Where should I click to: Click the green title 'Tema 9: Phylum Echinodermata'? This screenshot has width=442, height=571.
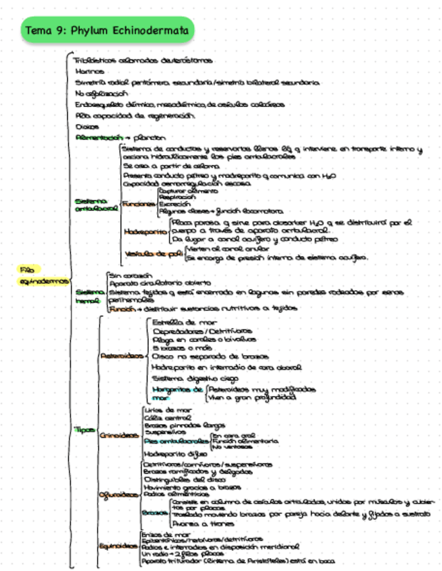tap(107, 30)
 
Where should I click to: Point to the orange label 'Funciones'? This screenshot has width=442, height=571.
tap(139, 203)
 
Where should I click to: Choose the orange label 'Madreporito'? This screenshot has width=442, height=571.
tap(145, 231)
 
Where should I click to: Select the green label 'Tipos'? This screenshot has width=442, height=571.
tap(85, 430)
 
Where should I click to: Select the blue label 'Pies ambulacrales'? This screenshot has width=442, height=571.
tap(176, 442)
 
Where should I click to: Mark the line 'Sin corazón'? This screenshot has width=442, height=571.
tap(130, 275)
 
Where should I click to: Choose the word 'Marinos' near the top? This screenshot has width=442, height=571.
tap(90, 71)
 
